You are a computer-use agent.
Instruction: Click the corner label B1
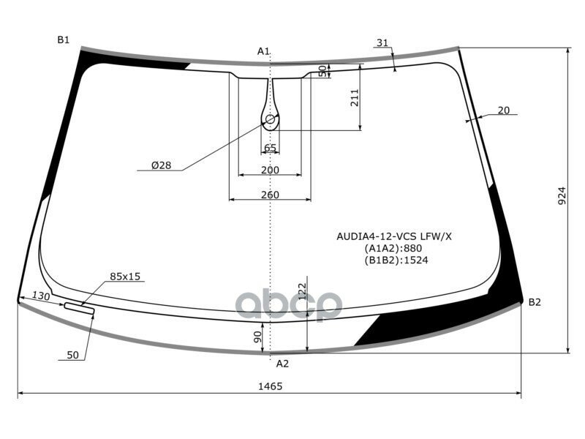tap(64, 40)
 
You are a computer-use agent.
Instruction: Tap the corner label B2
tap(535, 302)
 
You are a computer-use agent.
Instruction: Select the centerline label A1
tap(263, 51)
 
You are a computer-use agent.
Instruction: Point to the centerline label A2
tap(282, 364)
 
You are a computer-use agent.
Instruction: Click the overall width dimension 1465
tap(270, 386)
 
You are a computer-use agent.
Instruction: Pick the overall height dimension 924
tap(562, 195)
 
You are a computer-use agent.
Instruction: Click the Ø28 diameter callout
tap(161, 165)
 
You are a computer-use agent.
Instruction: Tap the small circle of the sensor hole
tap(270, 119)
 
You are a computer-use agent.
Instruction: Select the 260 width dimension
tap(270, 195)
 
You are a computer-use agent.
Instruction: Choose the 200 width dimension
tap(270, 170)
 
